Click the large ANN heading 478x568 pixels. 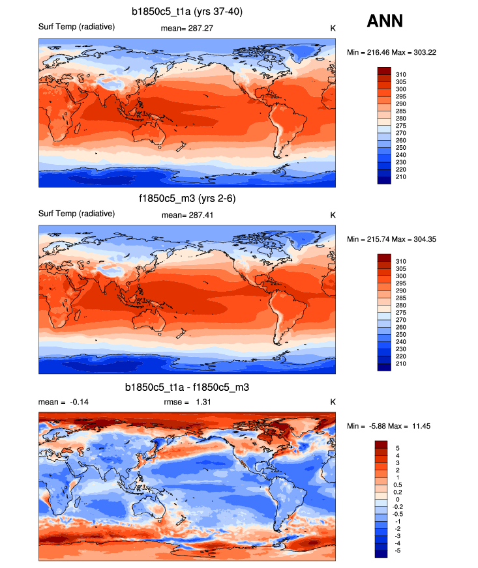pyautogui.click(x=385, y=21)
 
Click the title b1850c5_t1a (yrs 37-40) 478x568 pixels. pyautogui.click(x=187, y=11)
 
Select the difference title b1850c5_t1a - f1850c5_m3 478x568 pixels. pyautogui.click(x=187, y=387)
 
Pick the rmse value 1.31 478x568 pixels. pyautogui.click(x=200, y=402)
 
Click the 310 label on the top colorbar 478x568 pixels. pyautogui.click(x=401, y=74)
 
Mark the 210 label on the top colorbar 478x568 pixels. pyautogui.click(x=401, y=177)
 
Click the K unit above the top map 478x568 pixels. pyautogui.click(x=333, y=28)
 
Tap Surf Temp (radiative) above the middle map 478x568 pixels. pyautogui.click(x=77, y=214)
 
